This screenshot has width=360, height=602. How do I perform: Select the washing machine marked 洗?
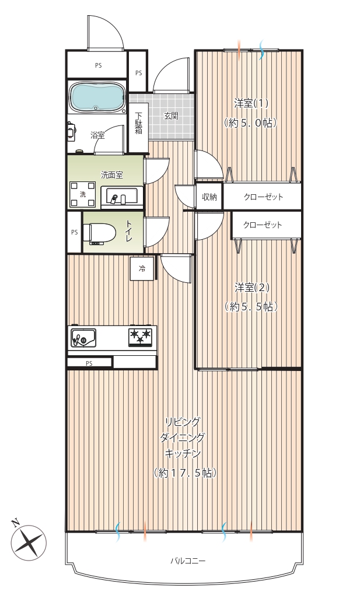(83, 194)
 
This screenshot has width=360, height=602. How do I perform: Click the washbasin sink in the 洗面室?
(121, 197)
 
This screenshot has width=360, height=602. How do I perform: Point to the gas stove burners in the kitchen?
(140, 337)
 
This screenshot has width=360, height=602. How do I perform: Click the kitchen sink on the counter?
(83, 338)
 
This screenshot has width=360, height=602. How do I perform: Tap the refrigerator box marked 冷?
(142, 269)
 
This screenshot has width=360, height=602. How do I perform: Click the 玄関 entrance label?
(171, 116)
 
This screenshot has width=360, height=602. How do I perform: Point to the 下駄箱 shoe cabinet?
(138, 122)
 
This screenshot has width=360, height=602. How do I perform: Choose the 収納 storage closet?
(209, 197)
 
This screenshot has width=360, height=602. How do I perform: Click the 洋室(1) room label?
(251, 103)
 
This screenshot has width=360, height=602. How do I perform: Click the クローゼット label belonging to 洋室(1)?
(264, 197)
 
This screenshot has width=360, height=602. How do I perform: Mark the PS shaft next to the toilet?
(74, 232)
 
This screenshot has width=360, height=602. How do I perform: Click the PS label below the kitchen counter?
(89, 363)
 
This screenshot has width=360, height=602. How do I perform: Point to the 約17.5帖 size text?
(185, 473)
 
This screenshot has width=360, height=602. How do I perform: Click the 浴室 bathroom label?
(97, 135)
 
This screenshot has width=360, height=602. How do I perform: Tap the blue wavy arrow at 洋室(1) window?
(262, 50)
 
